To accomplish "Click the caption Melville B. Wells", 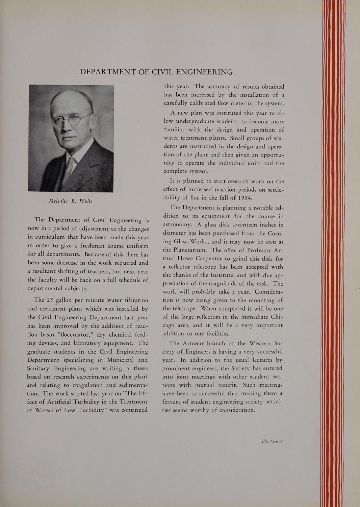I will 71,201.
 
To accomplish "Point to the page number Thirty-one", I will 272,441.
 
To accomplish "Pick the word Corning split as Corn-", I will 274,233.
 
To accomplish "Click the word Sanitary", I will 41,368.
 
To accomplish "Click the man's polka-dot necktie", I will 71,166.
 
